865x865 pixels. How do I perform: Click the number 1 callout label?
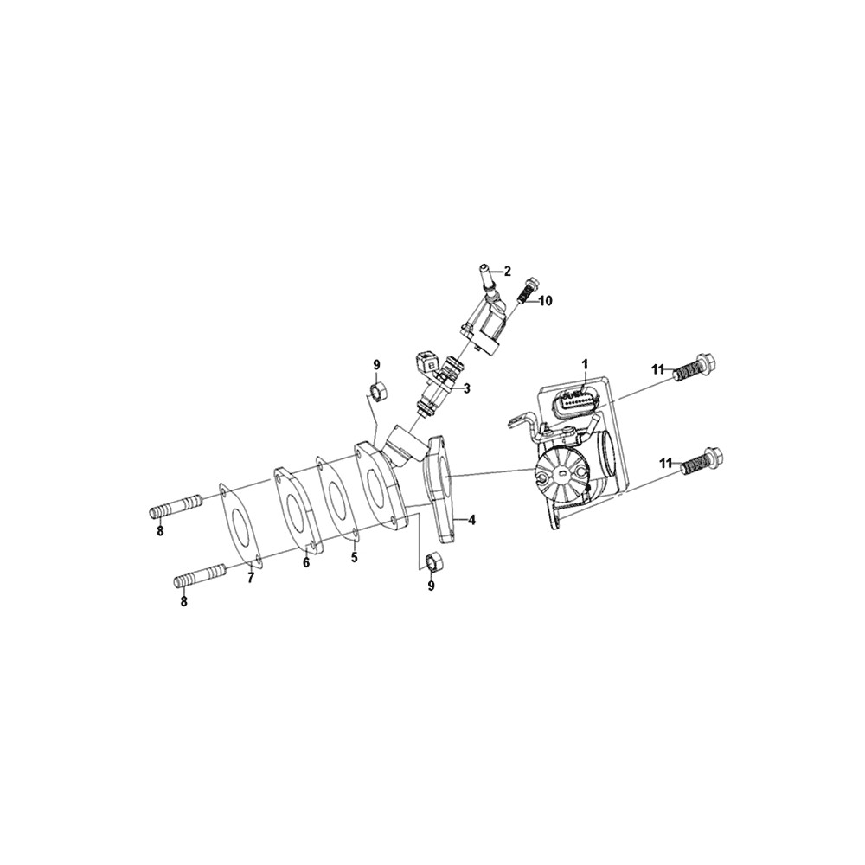tap(585, 364)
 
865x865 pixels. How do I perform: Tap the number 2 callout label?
tap(507, 272)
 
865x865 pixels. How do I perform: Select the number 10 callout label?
tap(545, 301)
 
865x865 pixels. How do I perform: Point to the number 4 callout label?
tap(471, 519)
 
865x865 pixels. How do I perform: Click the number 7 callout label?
tap(354, 557)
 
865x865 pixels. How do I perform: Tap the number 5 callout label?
tap(251, 578)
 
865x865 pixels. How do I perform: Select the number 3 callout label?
tap(467, 388)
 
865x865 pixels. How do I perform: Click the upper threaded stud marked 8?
tap(176, 506)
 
